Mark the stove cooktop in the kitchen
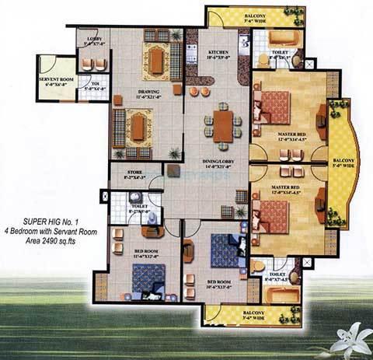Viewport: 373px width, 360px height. point(191,55)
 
